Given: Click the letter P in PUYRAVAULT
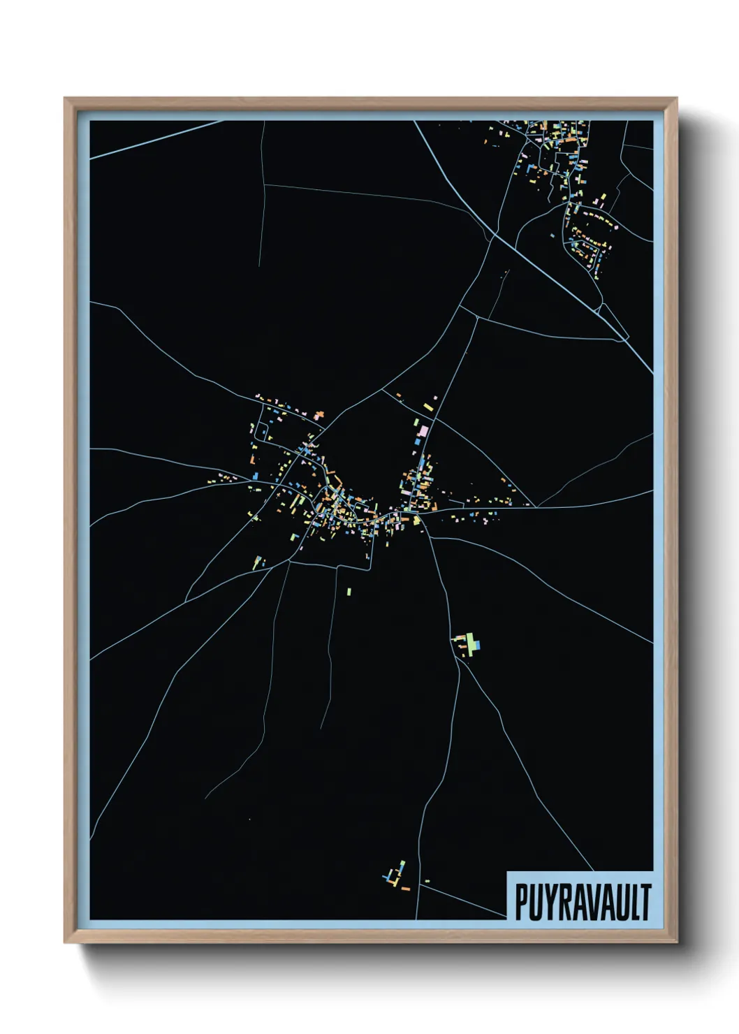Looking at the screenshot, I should (x=521, y=902).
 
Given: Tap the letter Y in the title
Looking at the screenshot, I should (x=548, y=902).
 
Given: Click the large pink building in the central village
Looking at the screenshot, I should (x=421, y=430).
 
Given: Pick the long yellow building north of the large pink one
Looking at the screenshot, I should (x=427, y=406).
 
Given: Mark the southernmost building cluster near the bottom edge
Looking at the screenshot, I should (x=396, y=877).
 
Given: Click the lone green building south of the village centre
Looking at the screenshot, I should (x=349, y=592).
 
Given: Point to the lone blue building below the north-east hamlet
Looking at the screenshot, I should (x=551, y=235).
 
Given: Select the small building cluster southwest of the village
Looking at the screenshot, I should (x=258, y=561).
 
